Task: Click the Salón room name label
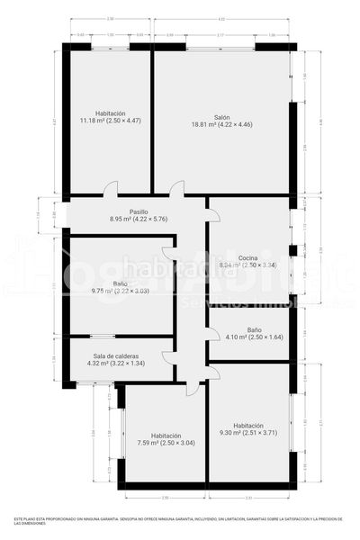point(221,116)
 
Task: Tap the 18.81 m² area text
point(221,124)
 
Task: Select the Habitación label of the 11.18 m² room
point(110,112)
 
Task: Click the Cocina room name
point(249,257)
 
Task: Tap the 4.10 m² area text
point(254,337)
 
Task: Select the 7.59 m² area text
point(166,442)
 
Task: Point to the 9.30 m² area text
point(248,433)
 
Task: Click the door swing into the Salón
point(176,189)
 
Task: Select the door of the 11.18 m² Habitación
point(110,189)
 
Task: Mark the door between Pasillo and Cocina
point(212,215)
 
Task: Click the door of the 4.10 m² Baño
point(212,334)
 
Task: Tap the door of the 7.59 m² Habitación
point(192,389)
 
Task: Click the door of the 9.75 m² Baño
point(169,254)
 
